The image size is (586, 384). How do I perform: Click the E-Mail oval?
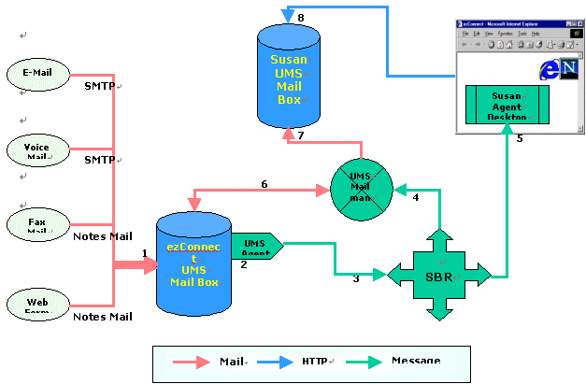pyautogui.click(x=36, y=74)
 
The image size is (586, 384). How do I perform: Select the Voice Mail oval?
pyautogui.click(x=36, y=150)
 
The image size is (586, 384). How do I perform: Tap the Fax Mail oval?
pyautogui.click(x=36, y=224)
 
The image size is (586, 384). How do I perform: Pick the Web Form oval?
pyautogui.click(x=36, y=305)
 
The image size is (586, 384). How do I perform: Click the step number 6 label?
pyautogui.click(x=264, y=185)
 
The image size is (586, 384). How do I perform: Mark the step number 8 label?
pyautogui.click(x=300, y=18)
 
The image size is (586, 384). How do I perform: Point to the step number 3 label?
pyautogui.click(x=355, y=277)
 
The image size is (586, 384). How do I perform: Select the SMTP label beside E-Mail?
pyautogui.click(x=100, y=87)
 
